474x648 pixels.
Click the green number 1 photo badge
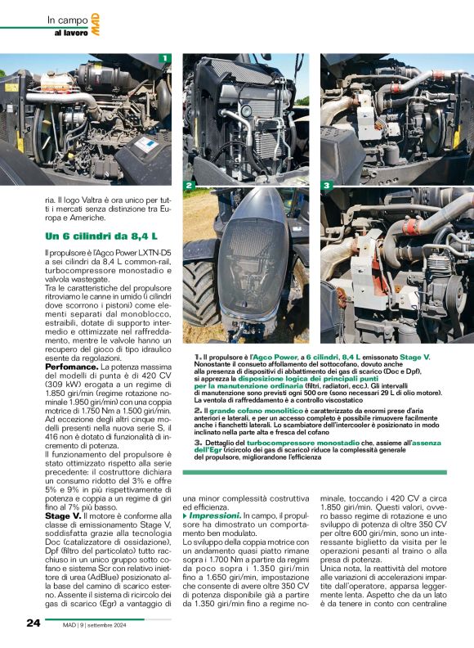164,58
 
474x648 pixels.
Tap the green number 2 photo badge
189,187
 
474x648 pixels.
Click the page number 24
33,623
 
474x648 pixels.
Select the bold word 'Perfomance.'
71,368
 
